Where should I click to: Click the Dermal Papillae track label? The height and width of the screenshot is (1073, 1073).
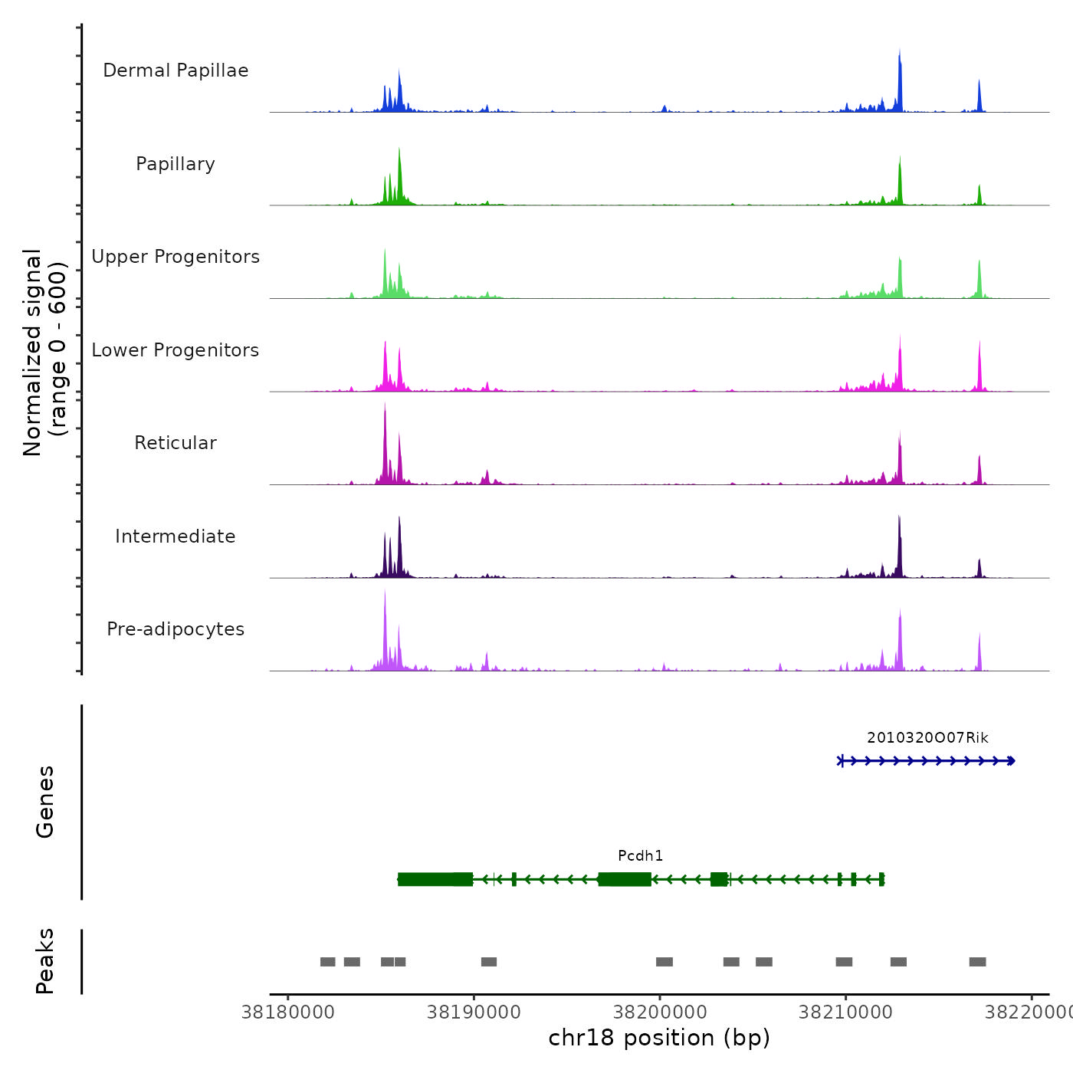tap(176, 71)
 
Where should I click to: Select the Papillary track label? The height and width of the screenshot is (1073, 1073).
tap(176, 164)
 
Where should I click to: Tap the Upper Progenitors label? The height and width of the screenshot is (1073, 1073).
tap(176, 257)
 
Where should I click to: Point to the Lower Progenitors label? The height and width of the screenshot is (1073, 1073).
tap(176, 350)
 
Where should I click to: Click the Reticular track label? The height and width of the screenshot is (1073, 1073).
tap(176, 443)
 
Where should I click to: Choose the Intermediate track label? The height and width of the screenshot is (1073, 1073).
tap(176, 536)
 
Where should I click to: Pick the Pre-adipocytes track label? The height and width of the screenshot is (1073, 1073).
tap(176, 629)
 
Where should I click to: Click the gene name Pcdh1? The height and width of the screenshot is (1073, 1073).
tap(640, 855)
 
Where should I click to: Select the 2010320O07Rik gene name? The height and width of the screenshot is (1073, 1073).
tap(927, 737)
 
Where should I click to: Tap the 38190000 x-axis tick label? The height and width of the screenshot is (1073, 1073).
tap(474, 1012)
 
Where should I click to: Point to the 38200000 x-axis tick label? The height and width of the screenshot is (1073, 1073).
tap(660, 1012)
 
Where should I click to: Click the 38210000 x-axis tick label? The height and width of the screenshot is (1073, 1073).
tap(845, 1012)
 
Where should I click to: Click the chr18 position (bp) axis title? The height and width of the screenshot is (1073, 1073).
tap(659, 1038)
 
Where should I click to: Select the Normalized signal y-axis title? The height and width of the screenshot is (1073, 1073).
tap(44, 353)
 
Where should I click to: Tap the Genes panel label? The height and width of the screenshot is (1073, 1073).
tap(45, 802)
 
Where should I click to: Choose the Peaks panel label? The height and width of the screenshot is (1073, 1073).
tap(45, 961)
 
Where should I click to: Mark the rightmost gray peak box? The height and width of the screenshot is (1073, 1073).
tap(977, 962)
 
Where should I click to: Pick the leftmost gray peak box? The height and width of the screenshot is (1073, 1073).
tap(327, 962)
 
